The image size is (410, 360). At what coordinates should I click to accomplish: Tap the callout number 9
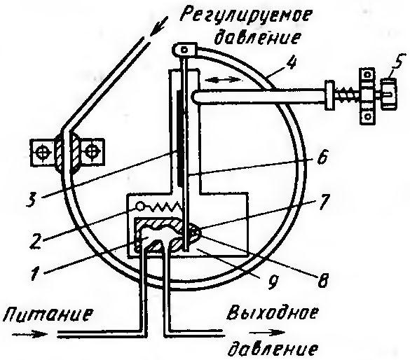pyautogui.click(x=271, y=281)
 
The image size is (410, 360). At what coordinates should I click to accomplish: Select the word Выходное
pyautogui.click(x=272, y=314)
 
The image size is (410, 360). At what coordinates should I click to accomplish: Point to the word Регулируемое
pyautogui.click(x=247, y=16)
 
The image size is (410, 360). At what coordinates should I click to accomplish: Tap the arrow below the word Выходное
pyautogui.click(x=267, y=333)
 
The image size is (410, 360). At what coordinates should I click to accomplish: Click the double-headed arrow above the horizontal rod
pyautogui.click(x=224, y=80)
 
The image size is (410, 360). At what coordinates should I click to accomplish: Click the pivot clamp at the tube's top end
pyautogui.click(x=185, y=50)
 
